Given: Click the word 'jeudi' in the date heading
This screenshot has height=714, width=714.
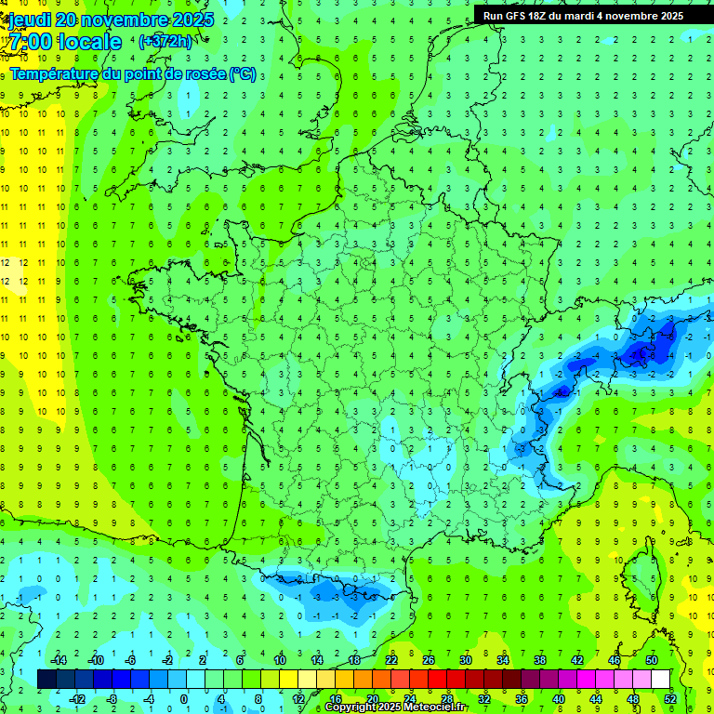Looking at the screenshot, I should click(28, 20).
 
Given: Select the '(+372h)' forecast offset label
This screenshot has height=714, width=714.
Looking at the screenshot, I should click(165, 41).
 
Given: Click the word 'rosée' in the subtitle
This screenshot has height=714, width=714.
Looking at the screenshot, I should click(204, 73).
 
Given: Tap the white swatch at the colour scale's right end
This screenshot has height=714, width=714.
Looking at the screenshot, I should click(660, 679).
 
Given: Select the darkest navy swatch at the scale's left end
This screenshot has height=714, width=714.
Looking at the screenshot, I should click(46, 679).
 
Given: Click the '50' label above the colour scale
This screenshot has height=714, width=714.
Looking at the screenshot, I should click(651, 660).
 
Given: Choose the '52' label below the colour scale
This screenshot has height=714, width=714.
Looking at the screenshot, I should click(669, 698).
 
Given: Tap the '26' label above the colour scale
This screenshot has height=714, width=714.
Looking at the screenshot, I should click(429, 660).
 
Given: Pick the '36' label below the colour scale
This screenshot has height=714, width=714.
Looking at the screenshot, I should click(522, 698).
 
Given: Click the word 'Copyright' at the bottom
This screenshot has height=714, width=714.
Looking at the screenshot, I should click(350, 707).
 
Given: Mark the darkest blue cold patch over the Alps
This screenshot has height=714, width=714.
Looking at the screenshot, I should click(641, 352).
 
